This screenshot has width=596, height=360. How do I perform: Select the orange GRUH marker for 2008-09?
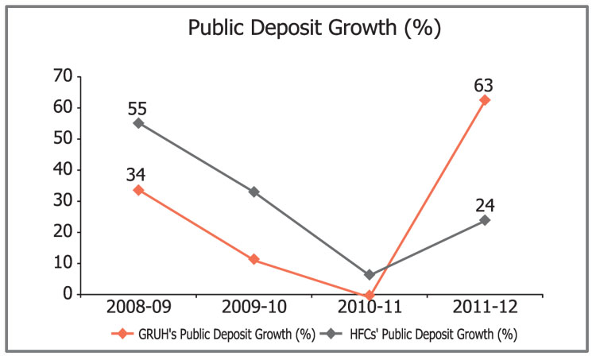(138, 190)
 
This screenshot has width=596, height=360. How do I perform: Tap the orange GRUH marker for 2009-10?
(253, 260)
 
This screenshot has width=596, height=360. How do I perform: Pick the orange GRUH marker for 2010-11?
(370, 295)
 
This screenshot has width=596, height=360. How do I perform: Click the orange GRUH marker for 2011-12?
(485, 100)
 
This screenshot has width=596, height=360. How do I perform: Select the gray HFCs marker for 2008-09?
(138, 123)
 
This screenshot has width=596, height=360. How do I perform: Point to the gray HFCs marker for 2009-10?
(253, 192)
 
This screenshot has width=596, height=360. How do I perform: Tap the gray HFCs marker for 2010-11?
(370, 275)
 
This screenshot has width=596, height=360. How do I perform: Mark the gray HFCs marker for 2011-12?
(485, 220)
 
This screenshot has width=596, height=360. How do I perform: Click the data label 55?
(138, 106)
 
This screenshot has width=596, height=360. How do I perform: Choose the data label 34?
(138, 173)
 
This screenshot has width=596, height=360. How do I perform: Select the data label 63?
(485, 82)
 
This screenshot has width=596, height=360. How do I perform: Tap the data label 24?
(485, 203)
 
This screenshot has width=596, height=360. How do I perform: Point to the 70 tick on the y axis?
(63, 77)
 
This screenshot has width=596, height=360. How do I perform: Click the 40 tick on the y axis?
(63, 170)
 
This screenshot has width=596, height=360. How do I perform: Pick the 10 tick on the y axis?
(63, 263)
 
